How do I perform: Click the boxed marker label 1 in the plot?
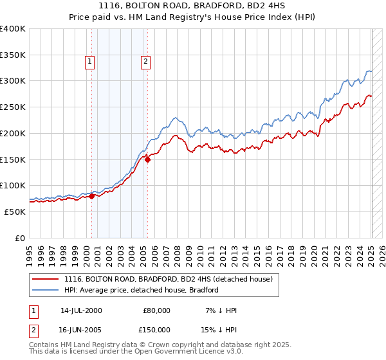click(89, 62)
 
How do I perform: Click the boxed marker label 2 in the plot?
click(146, 62)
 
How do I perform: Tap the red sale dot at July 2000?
click(91, 196)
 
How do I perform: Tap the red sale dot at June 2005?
click(147, 159)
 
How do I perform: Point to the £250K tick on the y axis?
click(13, 107)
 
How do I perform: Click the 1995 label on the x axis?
click(30, 251)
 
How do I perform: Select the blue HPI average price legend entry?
click(142, 290)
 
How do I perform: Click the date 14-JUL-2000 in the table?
click(81, 310)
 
